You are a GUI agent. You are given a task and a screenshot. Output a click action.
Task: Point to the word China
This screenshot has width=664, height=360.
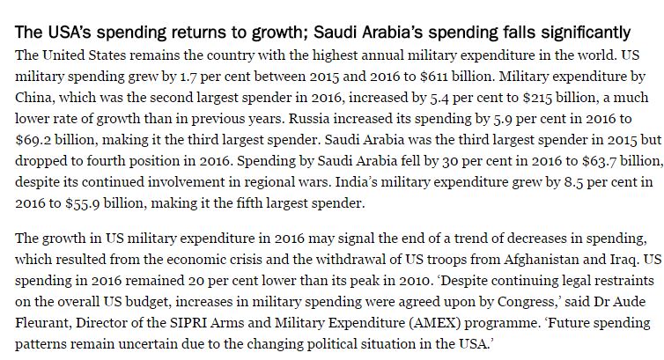(x=34, y=96)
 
